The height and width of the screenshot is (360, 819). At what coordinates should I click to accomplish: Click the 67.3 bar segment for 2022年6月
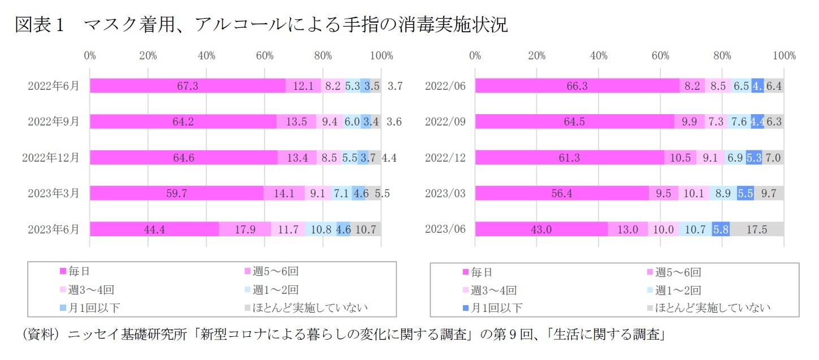click(188, 86)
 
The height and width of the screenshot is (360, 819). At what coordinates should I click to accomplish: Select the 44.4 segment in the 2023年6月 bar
click(154, 229)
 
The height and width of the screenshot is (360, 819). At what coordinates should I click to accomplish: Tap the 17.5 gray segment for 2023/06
click(756, 229)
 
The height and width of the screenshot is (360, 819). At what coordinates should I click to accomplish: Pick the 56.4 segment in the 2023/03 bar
click(562, 193)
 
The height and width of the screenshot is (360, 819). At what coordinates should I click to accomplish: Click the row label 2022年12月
click(51, 158)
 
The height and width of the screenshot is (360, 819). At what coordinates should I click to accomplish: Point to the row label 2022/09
click(445, 122)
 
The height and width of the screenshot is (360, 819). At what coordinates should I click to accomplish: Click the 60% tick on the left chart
click(265, 55)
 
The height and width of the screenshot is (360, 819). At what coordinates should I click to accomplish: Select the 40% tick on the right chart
click(599, 55)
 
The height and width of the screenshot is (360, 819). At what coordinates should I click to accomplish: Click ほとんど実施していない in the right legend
click(712, 308)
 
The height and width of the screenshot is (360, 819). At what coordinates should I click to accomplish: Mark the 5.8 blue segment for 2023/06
click(721, 229)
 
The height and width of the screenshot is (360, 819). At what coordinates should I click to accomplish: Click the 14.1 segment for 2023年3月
click(284, 193)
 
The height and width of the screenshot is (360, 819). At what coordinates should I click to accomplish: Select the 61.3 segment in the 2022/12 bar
click(569, 158)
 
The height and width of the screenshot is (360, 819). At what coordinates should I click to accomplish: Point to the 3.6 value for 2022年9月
click(393, 122)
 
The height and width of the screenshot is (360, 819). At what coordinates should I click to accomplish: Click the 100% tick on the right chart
click(784, 55)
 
